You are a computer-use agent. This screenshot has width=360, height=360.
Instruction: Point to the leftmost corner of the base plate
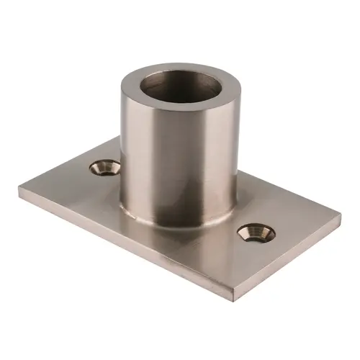click(x=16, y=190)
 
